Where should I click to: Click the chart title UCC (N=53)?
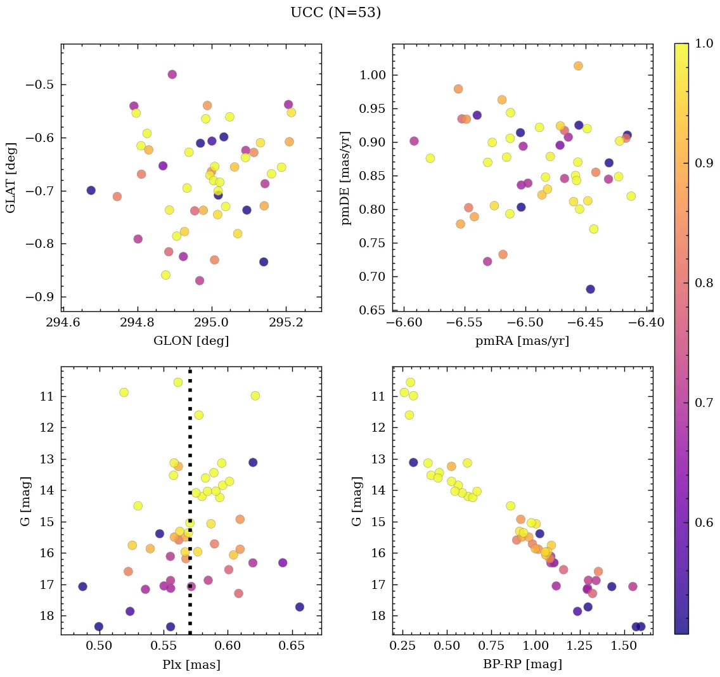[335, 13]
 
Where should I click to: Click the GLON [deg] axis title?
[191, 341]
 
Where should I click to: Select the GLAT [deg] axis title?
[11, 177]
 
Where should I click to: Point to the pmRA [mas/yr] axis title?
[522, 341]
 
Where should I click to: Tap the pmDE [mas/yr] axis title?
[345, 177]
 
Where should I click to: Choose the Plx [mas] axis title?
[191, 664]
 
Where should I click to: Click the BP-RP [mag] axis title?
[522, 664]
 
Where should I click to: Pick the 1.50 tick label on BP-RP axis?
[624, 647]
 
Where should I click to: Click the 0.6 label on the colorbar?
[703, 522]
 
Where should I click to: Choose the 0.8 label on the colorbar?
[703, 283]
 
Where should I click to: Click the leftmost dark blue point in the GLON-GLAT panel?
[91, 190]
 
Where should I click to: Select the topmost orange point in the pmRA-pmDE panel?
[578, 66]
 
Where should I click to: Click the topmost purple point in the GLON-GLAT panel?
[172, 74]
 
